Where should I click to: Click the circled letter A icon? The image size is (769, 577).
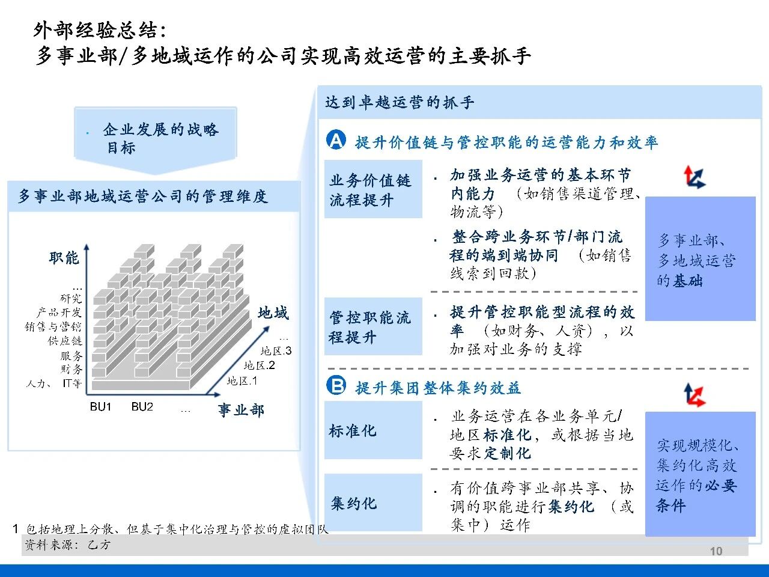[336, 139]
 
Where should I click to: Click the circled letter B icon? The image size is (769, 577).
[336, 385]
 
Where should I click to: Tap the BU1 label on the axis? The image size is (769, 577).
[100, 407]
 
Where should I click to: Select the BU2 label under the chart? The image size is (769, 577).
[142, 407]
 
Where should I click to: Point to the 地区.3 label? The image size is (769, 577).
[276, 350]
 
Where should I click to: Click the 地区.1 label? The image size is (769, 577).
[242, 381]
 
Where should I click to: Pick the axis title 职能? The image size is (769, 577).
[64, 258]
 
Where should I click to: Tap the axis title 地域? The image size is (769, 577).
[273, 313]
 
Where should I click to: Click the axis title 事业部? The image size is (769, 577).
[241, 410]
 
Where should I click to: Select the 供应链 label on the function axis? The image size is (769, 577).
[65, 341]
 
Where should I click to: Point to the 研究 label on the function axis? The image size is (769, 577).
[71, 299]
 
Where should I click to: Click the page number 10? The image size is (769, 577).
[716, 551]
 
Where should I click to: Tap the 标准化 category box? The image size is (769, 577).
[373, 430]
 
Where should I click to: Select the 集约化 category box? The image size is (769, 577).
[373, 502]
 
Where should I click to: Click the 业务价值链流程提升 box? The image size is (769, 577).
[373, 189]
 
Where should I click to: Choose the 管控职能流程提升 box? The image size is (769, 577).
[373, 326]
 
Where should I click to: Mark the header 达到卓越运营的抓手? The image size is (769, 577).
[400, 103]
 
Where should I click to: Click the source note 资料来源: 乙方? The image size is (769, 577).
[67, 545]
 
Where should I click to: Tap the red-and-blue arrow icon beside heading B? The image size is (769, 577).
[695, 395]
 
